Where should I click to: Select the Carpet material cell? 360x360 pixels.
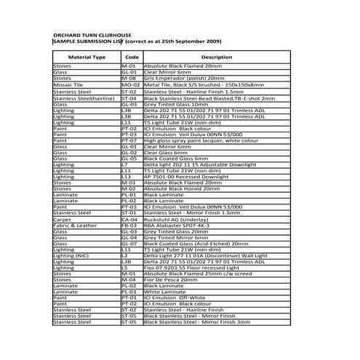[x=63, y=219]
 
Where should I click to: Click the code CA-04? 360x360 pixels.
[x=130, y=219]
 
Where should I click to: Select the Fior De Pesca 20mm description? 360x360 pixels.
[x=175, y=280]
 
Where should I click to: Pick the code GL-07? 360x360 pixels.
[x=130, y=244]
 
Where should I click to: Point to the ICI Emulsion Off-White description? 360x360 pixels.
[x=179, y=298]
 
